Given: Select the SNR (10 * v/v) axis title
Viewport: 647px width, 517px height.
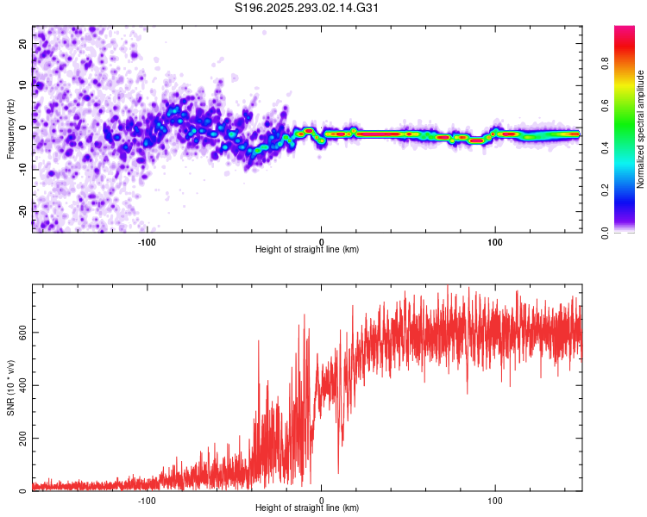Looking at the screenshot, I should pos(10,389).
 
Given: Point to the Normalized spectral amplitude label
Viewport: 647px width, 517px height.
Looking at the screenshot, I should pos(641,129).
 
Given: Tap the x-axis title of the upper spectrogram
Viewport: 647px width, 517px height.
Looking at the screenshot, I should pos(307,249).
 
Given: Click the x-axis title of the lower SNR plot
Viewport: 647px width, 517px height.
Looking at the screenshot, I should pos(307,508).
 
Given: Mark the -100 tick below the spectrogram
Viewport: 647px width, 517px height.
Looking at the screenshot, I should pos(148,240).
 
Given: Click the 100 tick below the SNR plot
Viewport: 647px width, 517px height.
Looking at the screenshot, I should pos(496,499).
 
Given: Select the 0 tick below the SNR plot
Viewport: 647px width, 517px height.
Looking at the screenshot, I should pos(322,499).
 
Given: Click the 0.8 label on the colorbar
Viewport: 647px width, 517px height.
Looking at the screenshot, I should pos(629,63).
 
